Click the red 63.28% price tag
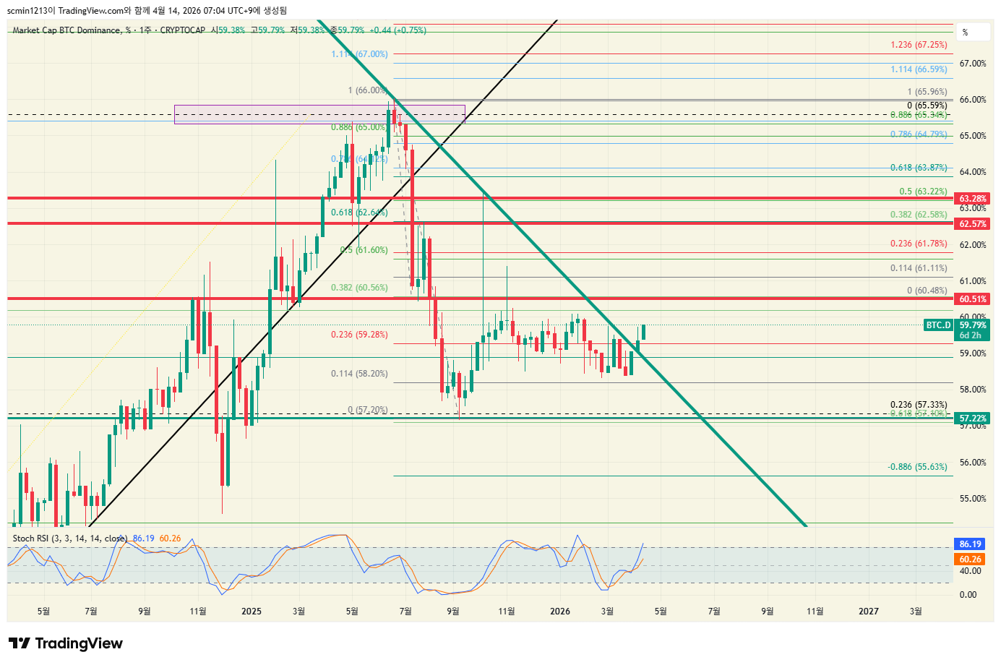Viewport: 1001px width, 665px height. pos(973,199)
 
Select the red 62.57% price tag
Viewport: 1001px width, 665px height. pos(973,224)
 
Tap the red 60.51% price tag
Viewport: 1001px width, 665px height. pos(973,299)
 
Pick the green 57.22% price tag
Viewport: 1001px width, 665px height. pos(973,419)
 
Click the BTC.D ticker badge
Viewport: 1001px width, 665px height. pos(938,325)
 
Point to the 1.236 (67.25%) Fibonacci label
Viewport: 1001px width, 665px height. pos(919,45)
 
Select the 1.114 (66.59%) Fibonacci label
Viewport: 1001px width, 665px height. pos(919,69)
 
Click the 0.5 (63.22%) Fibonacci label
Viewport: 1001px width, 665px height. pos(923,192)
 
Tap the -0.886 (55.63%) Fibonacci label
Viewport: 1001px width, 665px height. pos(917,467)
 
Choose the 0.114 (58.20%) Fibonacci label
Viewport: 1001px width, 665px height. pos(359,374)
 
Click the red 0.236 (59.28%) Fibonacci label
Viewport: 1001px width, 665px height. pos(359,335)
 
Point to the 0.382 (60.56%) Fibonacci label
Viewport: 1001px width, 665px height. pos(359,288)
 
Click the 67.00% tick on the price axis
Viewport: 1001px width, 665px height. pos(973,64)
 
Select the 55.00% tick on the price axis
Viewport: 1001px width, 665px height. pos(973,499)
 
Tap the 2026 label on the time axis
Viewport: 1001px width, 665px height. pos(560,612)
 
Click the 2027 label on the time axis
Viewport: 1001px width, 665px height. pos(869,612)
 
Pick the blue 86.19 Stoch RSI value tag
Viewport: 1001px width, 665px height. pos(971,544)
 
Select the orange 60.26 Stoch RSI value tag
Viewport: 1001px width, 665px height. pos(971,559)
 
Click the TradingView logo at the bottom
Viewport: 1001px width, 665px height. pos(66,643)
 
